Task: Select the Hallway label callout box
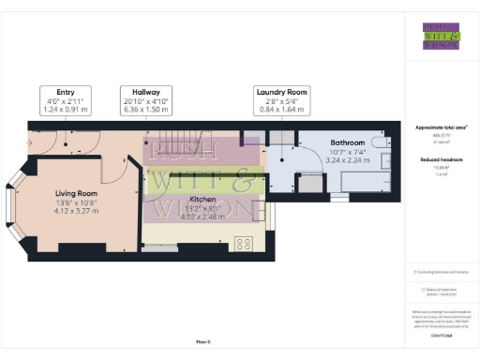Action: [x=145, y=99]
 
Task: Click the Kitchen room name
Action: [x=204, y=200]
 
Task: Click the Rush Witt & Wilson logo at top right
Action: [x=441, y=36]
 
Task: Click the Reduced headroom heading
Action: [x=441, y=159]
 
